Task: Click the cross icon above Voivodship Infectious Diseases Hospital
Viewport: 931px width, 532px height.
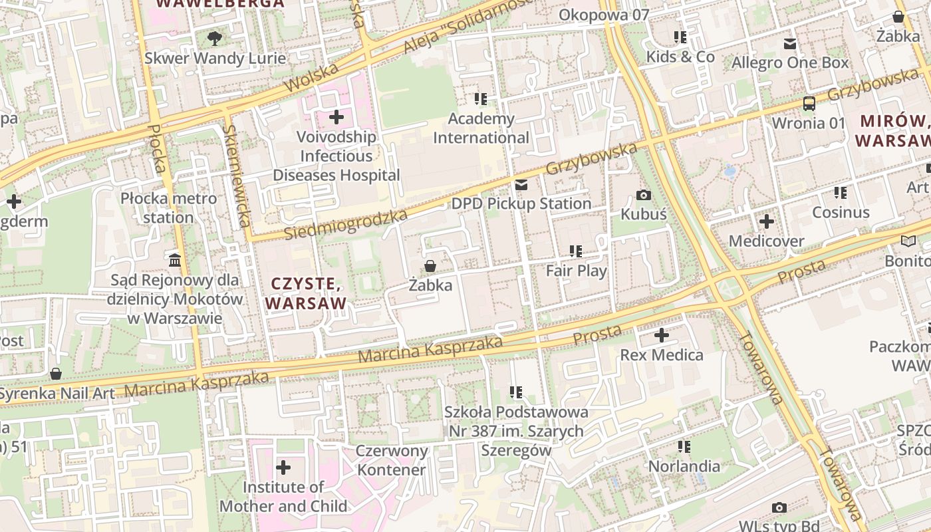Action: (x=336, y=118)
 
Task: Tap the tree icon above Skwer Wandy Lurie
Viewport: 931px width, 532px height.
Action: (x=215, y=39)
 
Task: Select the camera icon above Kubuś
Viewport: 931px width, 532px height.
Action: (x=643, y=195)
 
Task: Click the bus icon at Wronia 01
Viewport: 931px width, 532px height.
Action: (x=809, y=104)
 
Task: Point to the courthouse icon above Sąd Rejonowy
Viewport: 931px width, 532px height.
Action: (x=175, y=260)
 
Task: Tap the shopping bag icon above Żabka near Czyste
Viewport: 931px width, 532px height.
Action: (x=430, y=267)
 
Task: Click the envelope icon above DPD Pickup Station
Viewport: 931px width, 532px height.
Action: (x=521, y=185)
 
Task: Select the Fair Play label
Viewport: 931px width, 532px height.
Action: (x=576, y=271)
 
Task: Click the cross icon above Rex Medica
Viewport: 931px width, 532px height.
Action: (x=661, y=335)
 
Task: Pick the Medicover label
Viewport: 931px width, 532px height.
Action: (x=766, y=241)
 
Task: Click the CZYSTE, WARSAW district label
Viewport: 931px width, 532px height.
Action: (x=306, y=294)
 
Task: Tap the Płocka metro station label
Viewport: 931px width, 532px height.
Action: (x=168, y=207)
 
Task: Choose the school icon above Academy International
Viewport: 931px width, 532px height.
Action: (x=481, y=99)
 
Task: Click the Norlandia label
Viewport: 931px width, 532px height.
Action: (x=684, y=466)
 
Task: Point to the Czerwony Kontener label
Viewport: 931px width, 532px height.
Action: (x=391, y=460)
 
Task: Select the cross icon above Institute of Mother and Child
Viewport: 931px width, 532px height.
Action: (x=283, y=467)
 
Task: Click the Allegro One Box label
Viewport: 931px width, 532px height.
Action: (x=790, y=63)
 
